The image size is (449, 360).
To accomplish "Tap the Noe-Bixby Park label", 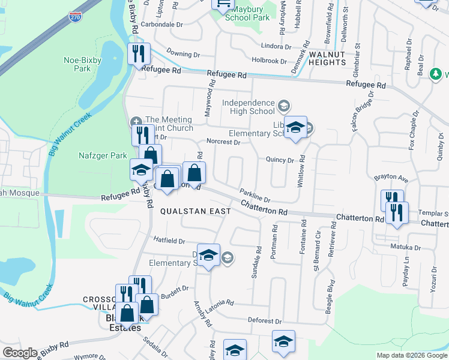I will [x=77, y=64].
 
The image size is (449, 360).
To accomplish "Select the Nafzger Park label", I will [x=103, y=156].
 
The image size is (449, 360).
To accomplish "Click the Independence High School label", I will [x=248, y=107].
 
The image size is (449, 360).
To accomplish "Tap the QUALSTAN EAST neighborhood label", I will [x=186, y=212].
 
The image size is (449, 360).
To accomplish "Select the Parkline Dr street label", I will [x=255, y=196].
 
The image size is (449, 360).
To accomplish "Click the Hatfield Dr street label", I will [x=169, y=241].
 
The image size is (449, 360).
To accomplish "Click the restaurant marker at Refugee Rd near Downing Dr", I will [x=139, y=55].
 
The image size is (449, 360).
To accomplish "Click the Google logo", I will [x=20, y=353].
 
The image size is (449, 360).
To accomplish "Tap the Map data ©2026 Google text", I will [x=411, y=355].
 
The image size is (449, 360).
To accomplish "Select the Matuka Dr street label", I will [x=406, y=247].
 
